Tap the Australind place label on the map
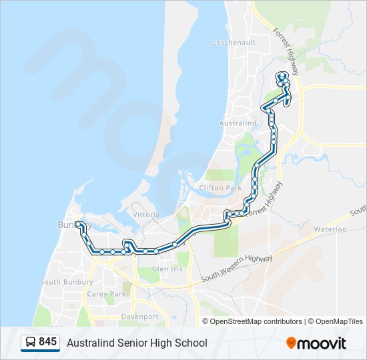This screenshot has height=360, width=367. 238,123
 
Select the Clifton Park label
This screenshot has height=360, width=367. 220,189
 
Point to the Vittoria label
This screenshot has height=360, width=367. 146,215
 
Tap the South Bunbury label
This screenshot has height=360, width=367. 61,282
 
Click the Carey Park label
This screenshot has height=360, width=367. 106,294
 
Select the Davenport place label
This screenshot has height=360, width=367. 139,317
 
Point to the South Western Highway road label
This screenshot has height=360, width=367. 237,267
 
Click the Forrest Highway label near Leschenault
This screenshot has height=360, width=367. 286,51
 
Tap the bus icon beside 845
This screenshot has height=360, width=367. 31,343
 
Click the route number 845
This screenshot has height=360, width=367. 47,342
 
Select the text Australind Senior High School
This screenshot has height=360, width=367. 137,343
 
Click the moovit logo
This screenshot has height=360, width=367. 316,343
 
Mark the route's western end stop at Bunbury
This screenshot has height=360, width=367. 78,224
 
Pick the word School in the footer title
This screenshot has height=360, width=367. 190,343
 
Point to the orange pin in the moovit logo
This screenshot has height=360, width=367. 292,343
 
